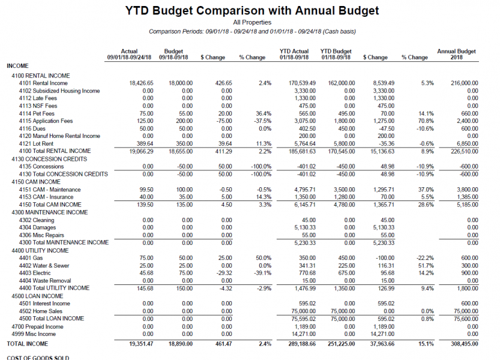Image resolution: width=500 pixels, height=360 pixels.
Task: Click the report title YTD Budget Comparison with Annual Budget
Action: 252,11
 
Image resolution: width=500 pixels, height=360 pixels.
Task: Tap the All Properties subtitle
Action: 252,22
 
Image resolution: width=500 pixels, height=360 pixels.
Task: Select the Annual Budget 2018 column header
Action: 456,54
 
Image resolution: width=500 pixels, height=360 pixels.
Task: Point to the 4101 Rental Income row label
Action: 43,83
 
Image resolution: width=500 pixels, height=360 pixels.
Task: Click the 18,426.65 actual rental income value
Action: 141,83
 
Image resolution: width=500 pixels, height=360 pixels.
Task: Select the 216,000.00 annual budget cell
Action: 465,83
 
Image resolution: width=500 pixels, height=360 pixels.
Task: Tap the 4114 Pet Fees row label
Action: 37,113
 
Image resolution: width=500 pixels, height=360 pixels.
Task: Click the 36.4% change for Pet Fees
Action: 264,113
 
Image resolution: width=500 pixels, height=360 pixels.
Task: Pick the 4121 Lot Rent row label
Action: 36,144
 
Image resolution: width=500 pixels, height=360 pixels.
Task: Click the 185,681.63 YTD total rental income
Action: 303,151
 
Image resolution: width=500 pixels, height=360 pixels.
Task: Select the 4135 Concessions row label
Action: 41,166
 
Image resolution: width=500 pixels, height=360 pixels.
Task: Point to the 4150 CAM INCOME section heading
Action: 36,182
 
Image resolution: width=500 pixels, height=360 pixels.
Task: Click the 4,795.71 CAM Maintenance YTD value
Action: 305,190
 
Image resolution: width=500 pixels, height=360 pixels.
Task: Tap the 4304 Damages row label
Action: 37,227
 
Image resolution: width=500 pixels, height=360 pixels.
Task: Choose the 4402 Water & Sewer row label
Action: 44,266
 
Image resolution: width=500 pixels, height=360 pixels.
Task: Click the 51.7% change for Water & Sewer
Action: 426,266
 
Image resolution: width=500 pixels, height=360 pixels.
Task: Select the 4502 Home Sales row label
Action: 40,311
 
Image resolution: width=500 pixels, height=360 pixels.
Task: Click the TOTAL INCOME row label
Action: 28,344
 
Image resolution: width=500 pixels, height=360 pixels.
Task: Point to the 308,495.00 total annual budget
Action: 465,344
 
